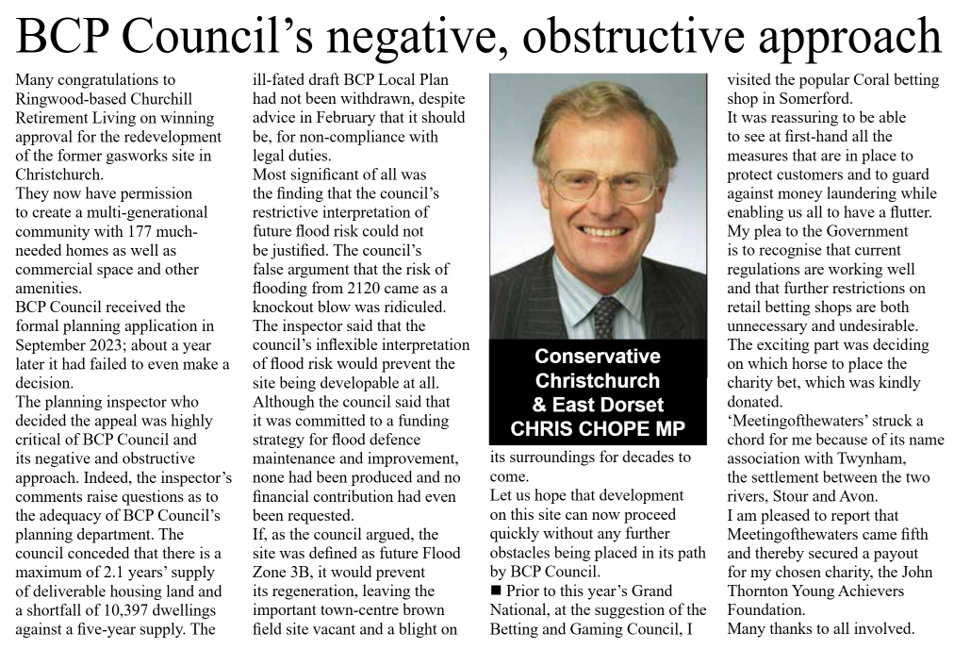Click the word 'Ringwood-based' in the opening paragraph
coord(67,99)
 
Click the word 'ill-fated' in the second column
coord(281,80)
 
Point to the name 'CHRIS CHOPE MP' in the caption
coord(597,429)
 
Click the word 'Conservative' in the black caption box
coord(597,357)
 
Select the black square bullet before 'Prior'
coord(497,591)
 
